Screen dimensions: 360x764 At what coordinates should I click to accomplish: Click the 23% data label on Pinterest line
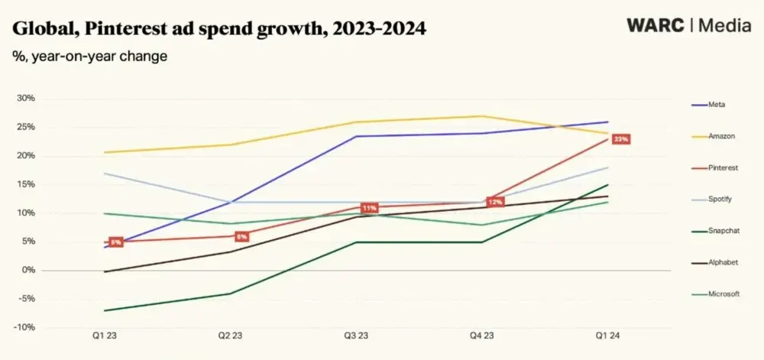(620, 139)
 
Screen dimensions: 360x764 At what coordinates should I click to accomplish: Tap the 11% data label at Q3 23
(369, 208)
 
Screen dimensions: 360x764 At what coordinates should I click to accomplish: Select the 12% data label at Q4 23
(494, 203)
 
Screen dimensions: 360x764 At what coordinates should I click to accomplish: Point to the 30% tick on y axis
(25, 99)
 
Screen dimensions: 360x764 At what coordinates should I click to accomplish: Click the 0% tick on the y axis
(28, 271)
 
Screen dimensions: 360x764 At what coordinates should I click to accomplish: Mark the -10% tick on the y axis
(25, 328)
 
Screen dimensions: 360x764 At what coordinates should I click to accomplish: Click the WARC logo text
(654, 24)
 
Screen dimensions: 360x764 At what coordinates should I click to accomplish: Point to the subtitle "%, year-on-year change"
(89, 57)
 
